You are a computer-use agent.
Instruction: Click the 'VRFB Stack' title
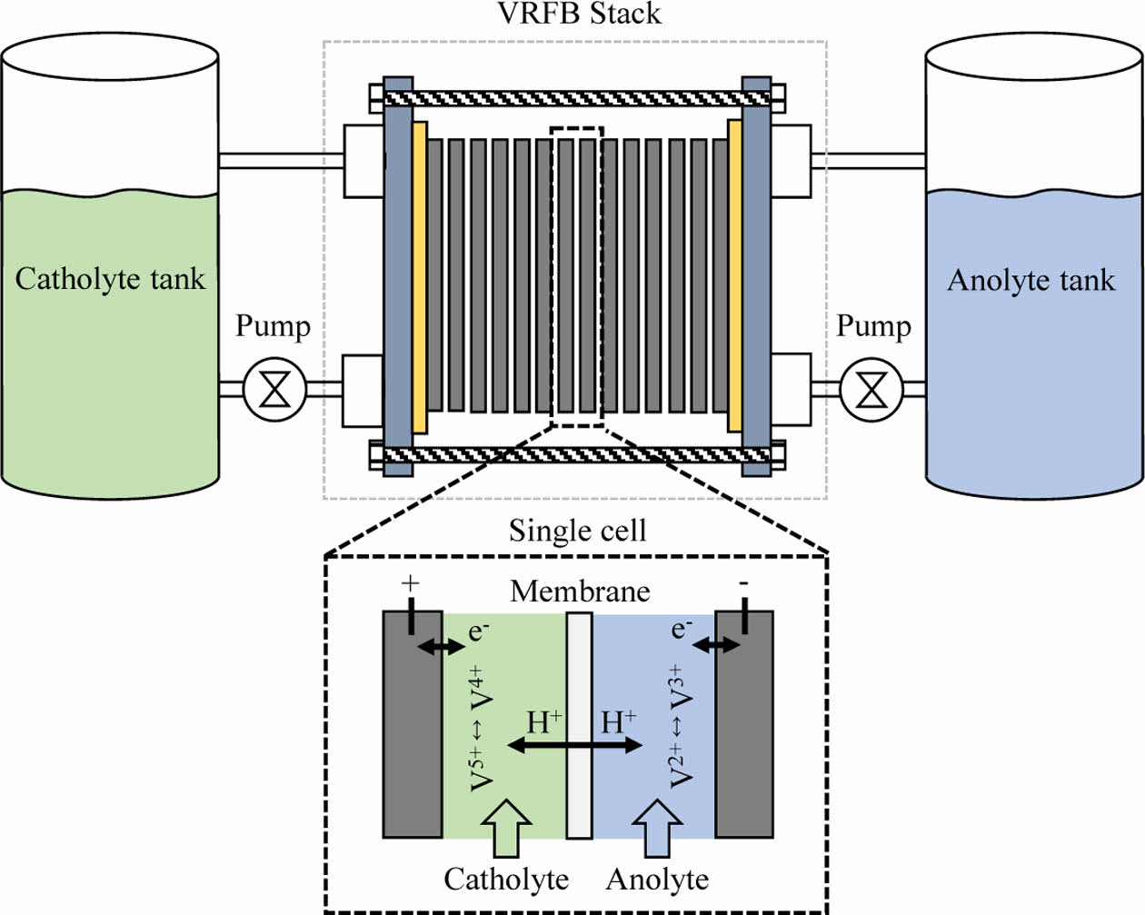(x=579, y=14)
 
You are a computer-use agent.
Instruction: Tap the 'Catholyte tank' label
(x=110, y=279)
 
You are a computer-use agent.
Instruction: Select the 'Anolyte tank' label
(x=1030, y=280)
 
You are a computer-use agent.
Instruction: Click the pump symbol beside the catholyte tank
(x=274, y=390)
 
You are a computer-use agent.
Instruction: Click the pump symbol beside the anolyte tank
(x=871, y=390)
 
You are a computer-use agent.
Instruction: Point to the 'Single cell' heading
(x=577, y=531)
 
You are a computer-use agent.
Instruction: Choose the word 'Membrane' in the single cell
(x=580, y=592)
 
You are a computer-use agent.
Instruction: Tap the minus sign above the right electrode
(x=744, y=582)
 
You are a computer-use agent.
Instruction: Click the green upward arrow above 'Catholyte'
(x=505, y=827)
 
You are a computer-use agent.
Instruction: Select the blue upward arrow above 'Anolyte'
(x=657, y=827)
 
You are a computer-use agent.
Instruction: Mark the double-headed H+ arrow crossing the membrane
(x=574, y=746)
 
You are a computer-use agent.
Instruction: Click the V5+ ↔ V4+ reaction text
(x=482, y=728)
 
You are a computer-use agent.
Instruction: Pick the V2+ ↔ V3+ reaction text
(x=681, y=726)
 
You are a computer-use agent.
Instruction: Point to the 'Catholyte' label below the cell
(x=506, y=880)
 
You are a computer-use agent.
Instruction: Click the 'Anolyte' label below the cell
(x=657, y=880)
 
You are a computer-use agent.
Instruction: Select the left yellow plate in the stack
(x=419, y=276)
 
